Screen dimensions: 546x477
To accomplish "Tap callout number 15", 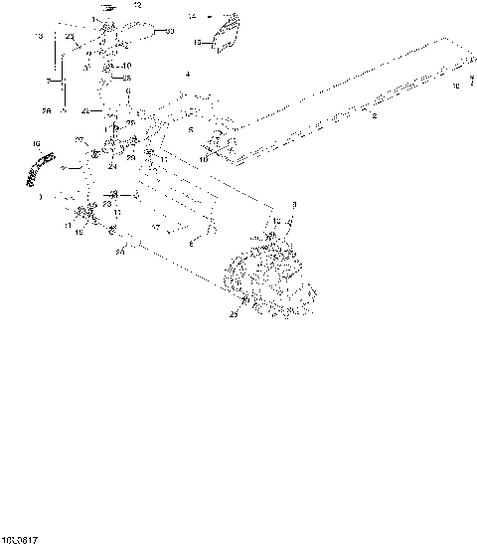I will pos(196,43).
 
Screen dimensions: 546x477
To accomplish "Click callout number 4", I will pos(186,75).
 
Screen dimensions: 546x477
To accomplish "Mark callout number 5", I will pos(192,128).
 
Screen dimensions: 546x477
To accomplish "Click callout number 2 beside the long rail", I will pos(374,117).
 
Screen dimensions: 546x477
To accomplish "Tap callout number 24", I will pos(112,166).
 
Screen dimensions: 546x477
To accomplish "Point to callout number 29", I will pos(129,158).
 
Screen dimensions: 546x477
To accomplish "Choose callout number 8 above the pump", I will pos(293,204).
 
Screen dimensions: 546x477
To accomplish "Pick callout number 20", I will pos(119,252).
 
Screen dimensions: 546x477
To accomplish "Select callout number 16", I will pos(37,144).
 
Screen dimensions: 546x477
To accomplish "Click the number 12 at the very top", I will pos(138,6).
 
